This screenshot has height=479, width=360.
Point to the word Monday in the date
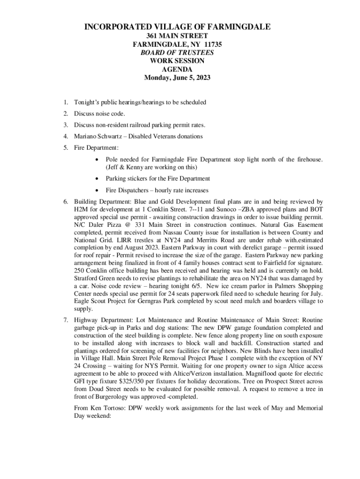[x=158, y=78]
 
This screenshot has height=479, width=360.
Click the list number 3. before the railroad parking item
[x=67, y=125]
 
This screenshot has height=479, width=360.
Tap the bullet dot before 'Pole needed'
[x=96, y=160]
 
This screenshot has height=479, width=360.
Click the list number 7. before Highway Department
[x=67, y=320]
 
